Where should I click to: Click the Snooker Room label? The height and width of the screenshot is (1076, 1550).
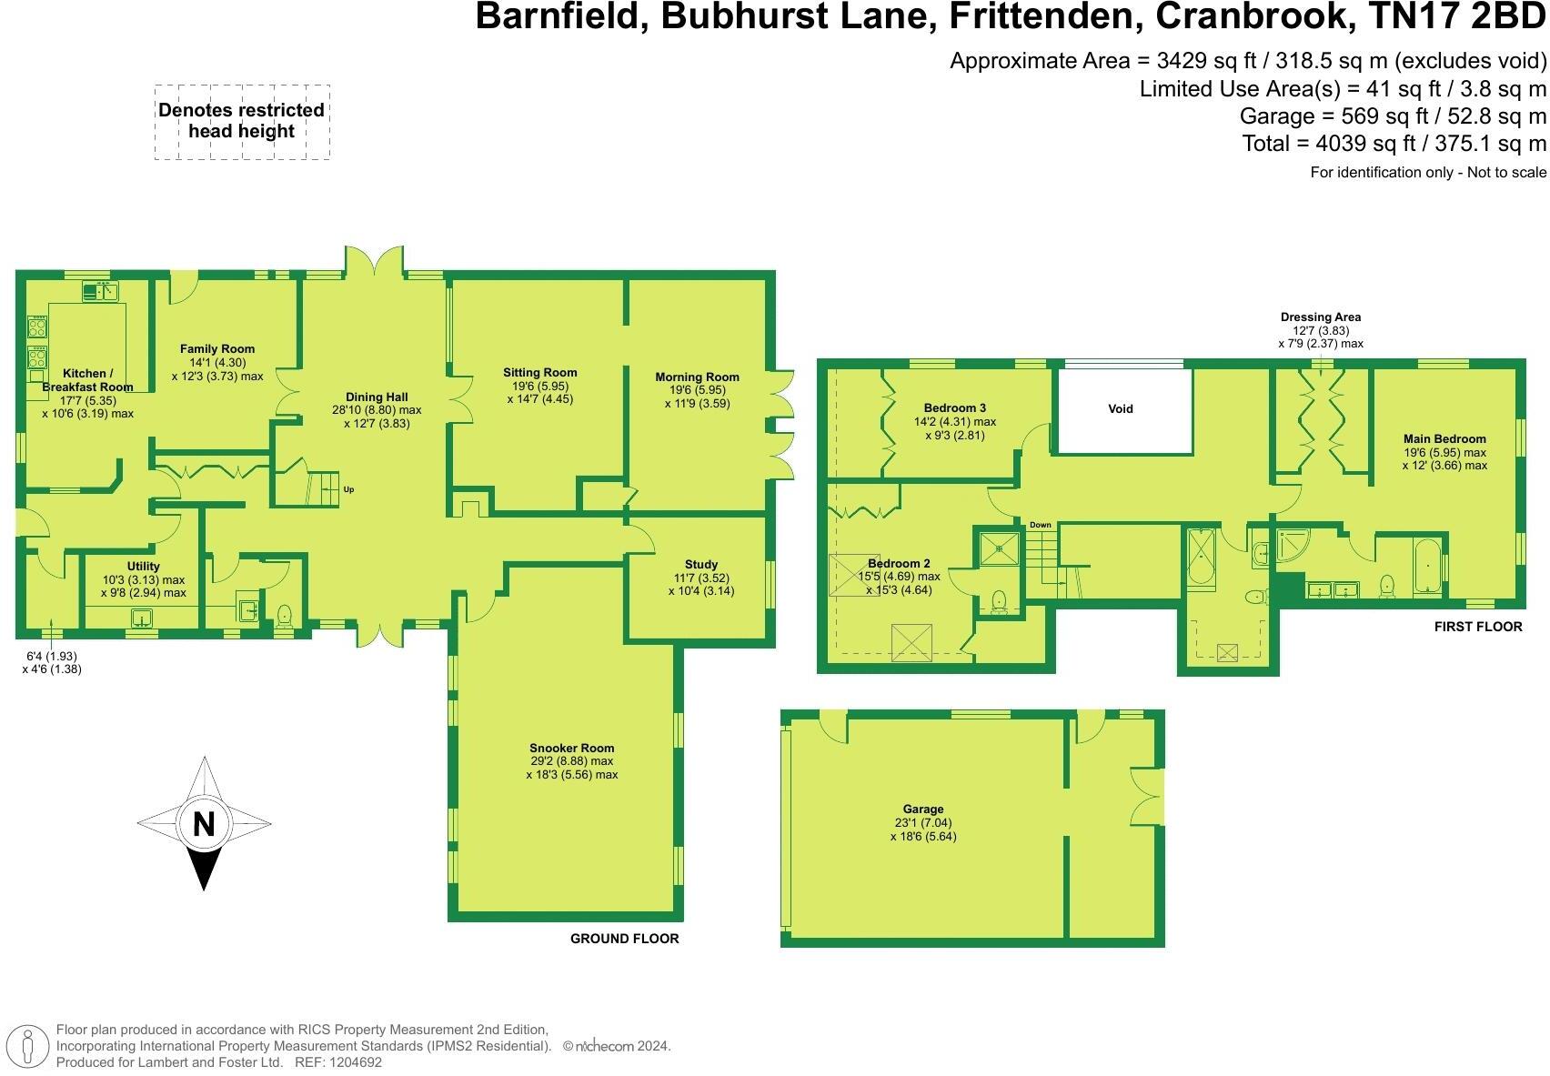(571, 749)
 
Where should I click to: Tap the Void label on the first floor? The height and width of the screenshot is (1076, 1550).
(1121, 409)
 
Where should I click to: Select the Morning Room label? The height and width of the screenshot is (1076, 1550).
(697, 377)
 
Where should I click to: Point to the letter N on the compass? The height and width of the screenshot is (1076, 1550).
(204, 824)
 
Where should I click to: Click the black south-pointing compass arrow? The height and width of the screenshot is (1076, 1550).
(204, 869)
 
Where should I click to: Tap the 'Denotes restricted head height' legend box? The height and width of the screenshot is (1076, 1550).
(241, 122)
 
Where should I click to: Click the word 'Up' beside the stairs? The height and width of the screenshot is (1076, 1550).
(348, 490)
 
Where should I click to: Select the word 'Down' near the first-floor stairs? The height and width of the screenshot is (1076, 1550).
(1041, 526)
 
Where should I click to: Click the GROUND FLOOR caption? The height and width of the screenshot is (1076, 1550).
(624, 939)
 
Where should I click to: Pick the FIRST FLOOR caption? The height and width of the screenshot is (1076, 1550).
(1477, 627)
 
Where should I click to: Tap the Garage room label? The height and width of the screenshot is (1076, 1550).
(923, 810)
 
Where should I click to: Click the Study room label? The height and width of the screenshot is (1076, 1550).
(701, 565)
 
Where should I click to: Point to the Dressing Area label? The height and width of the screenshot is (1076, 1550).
(1321, 317)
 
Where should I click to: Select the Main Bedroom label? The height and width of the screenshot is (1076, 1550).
(1444, 439)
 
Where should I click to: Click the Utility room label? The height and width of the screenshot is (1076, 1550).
(144, 567)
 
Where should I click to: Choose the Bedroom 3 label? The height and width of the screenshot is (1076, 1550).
(955, 408)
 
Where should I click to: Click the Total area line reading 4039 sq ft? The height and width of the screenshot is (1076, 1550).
(1394, 144)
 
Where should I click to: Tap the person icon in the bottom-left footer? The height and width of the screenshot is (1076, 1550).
(28, 1047)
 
